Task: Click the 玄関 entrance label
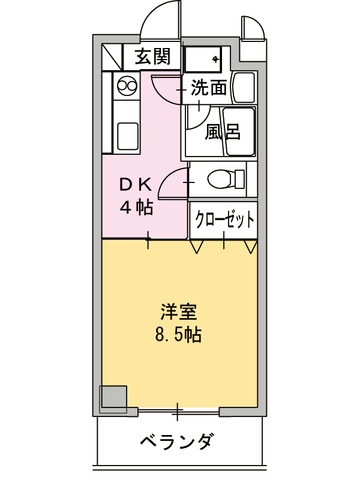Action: tap(152, 57)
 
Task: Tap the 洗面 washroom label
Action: tap(209, 89)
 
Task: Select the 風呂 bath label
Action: tap(223, 131)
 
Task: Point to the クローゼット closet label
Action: tap(224, 220)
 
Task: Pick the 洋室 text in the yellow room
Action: tap(178, 313)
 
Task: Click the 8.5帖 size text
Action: tap(178, 334)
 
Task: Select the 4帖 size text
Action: tap(136, 208)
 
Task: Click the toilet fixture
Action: tap(222, 179)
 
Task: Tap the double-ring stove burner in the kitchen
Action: tap(127, 86)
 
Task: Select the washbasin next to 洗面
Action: tap(244, 88)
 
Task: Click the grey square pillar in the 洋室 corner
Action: tap(113, 398)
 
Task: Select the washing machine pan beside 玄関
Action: tap(203, 58)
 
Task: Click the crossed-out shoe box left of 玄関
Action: tap(112, 57)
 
